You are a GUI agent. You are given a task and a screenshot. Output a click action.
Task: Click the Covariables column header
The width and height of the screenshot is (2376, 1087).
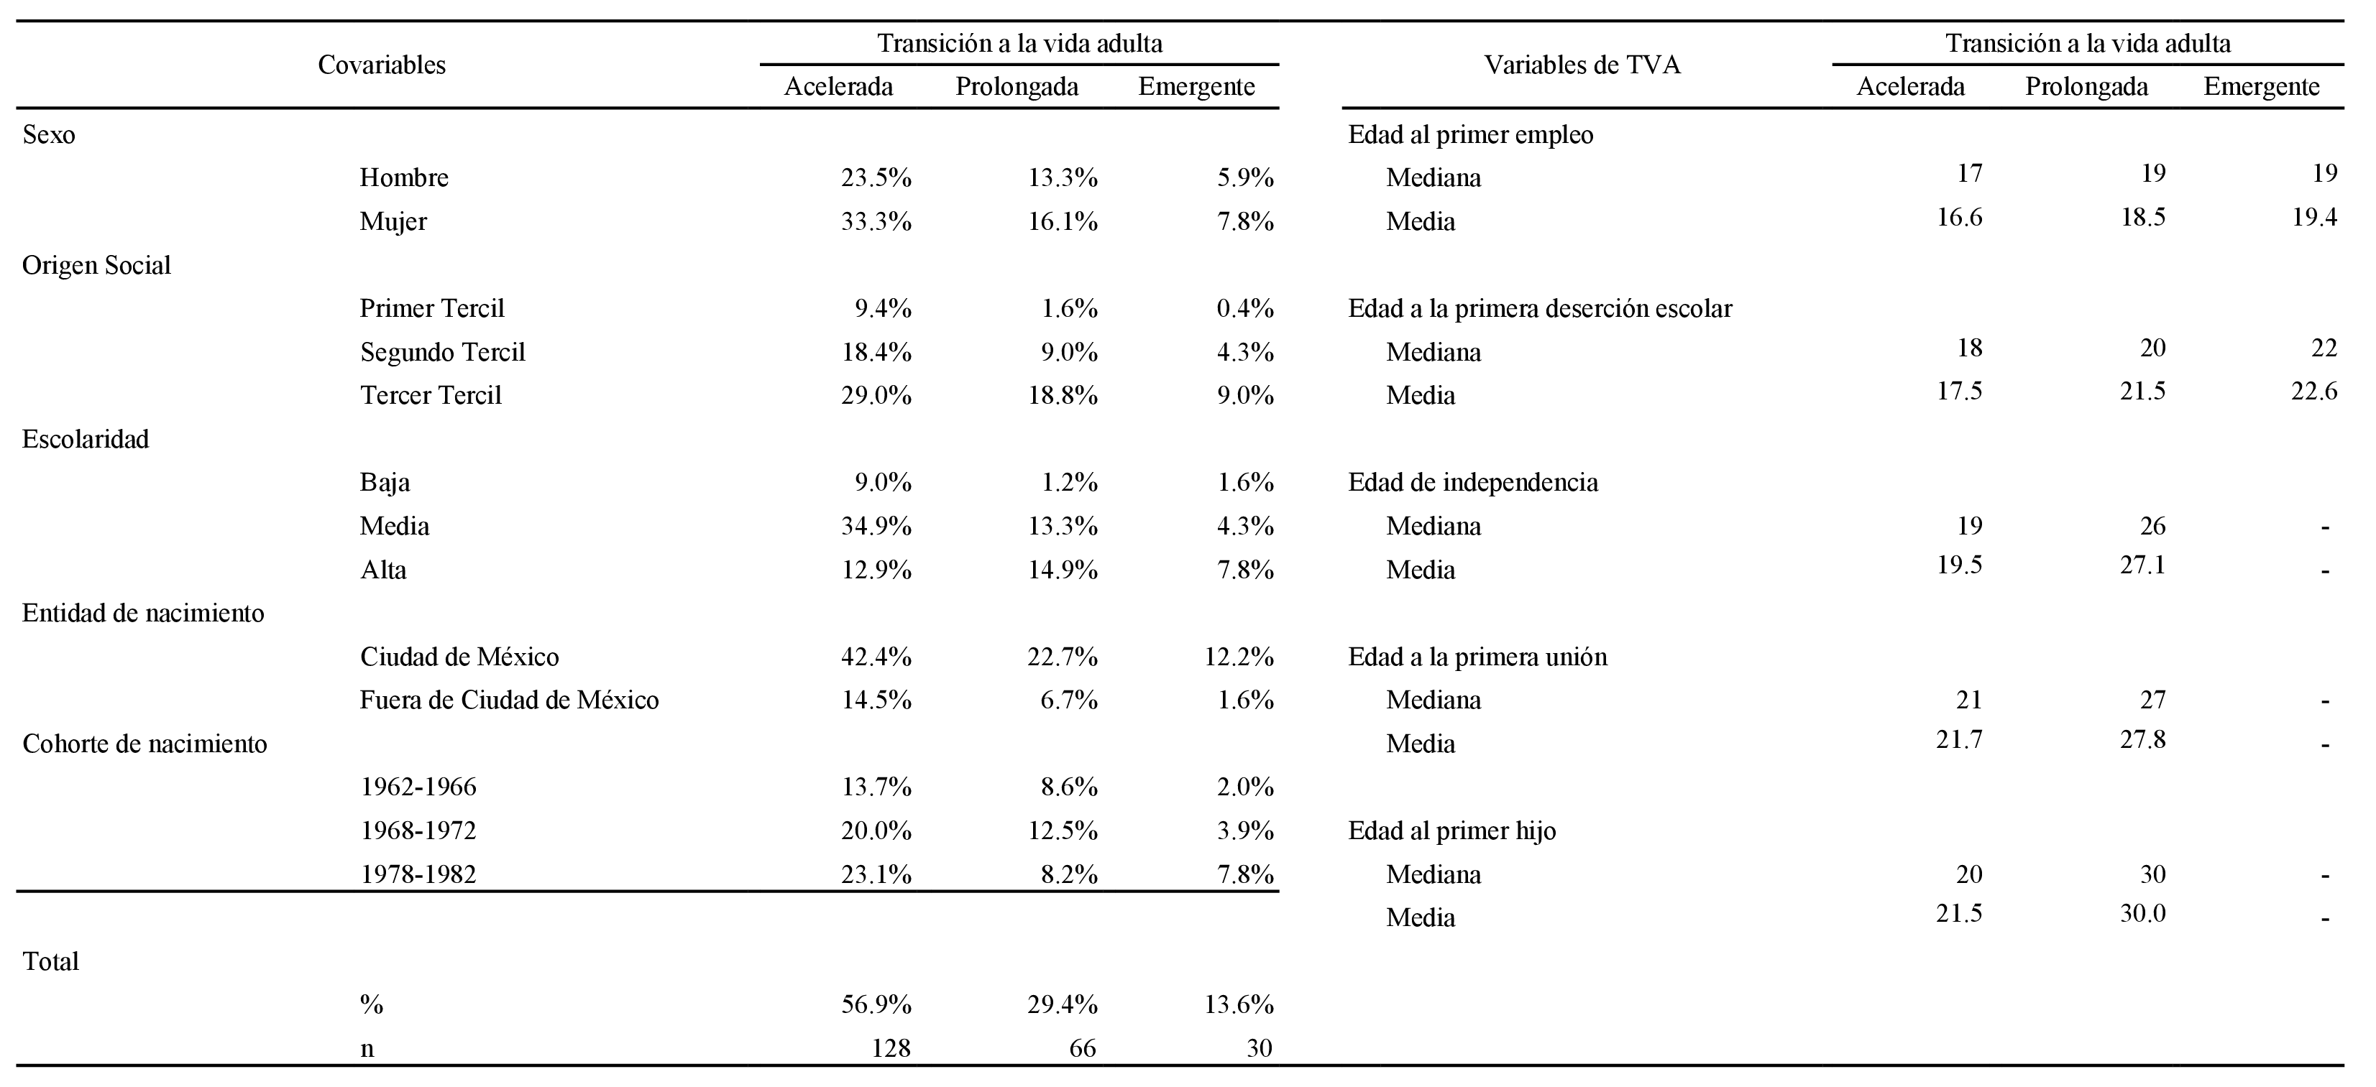(381, 65)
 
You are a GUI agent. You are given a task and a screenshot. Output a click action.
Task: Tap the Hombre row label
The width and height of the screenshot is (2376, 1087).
(404, 177)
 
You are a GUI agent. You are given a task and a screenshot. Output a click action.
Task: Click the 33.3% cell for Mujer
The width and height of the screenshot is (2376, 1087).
(876, 221)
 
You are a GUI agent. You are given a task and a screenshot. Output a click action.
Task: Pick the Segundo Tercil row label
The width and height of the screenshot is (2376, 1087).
(442, 352)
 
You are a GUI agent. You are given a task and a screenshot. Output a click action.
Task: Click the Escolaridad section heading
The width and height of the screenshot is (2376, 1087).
(86, 439)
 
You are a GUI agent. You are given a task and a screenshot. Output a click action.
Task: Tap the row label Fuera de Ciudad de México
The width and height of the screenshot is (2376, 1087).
(509, 700)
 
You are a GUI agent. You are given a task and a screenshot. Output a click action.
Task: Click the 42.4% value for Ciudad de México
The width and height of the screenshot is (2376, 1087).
(876, 657)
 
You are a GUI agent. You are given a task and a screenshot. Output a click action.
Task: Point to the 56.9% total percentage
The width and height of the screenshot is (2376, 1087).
(876, 1005)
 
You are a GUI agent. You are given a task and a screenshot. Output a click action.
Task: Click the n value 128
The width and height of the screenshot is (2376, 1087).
(891, 1048)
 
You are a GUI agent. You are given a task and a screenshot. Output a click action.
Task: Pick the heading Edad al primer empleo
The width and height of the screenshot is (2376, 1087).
(1470, 134)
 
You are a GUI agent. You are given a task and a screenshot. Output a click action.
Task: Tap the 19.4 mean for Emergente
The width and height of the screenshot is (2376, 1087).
(2313, 218)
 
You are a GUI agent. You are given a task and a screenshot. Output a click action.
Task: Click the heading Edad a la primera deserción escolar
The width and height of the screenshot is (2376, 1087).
(1539, 309)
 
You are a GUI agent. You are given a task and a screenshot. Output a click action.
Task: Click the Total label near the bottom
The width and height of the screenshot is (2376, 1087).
(51, 961)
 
